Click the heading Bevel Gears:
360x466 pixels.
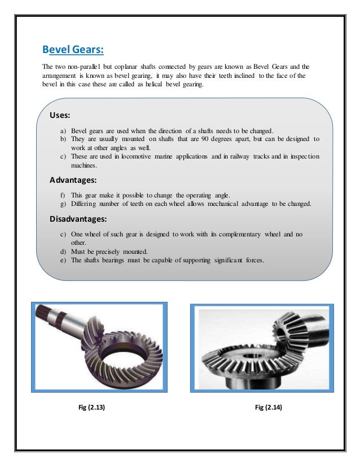tap(73, 50)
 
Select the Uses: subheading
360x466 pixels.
tap(60, 115)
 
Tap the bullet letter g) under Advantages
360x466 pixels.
tap(63, 203)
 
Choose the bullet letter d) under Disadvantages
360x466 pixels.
tap(63, 251)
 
